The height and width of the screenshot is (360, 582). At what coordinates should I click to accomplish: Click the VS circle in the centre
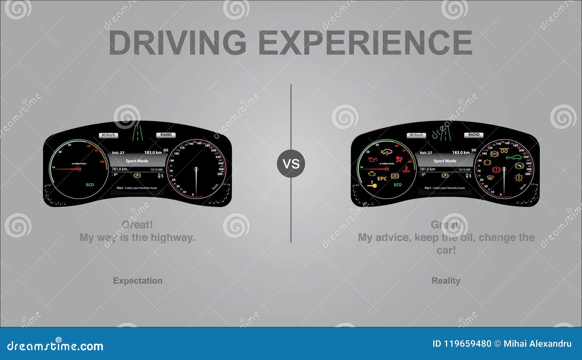pyautogui.click(x=291, y=164)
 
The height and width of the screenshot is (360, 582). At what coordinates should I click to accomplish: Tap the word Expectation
pyautogui.click(x=137, y=281)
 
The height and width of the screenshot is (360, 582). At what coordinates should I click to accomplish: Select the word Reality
pyautogui.click(x=446, y=281)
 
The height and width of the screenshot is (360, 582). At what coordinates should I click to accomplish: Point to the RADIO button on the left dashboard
pyautogui.click(x=166, y=135)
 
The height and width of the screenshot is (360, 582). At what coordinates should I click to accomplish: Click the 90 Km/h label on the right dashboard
pyautogui.click(x=416, y=135)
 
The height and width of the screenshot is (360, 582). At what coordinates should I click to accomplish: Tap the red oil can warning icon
pyautogui.click(x=372, y=159)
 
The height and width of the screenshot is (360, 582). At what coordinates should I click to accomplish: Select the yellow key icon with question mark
pyautogui.click(x=372, y=184)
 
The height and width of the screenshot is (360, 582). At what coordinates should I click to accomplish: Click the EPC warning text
pyautogui.click(x=382, y=179)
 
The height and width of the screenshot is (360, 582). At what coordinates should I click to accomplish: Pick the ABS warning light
pyautogui.click(x=494, y=154)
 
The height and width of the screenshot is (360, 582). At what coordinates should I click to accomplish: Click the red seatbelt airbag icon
pyautogui.click(x=399, y=159)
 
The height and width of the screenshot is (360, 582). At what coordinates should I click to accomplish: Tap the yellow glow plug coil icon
pyautogui.click(x=504, y=151)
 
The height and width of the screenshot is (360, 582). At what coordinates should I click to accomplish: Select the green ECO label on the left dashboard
pyautogui.click(x=90, y=185)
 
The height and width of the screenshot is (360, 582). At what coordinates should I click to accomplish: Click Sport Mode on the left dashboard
pyautogui.click(x=137, y=161)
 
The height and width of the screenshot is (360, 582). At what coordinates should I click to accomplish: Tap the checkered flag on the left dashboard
pyautogui.click(x=166, y=151)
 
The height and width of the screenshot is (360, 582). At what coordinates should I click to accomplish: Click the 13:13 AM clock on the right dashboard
pyautogui.click(x=464, y=169)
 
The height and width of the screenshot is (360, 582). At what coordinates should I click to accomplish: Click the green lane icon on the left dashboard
pyautogui.click(x=137, y=133)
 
